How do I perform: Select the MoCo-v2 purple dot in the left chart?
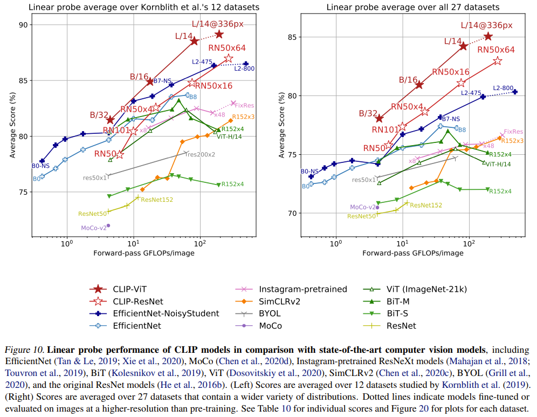[108, 225]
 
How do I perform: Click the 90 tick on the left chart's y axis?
[24, 25]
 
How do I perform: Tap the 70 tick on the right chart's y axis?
[293, 213]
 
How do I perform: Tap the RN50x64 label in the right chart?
[496, 50]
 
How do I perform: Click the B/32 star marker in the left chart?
[110, 120]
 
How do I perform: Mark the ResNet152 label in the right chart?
[425, 205]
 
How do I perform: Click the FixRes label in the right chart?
[513, 132]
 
